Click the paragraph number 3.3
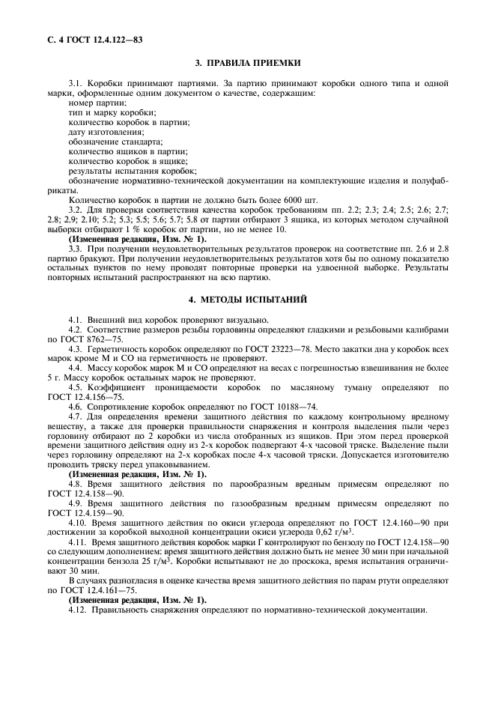coord(75,248)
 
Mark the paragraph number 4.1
coord(75,320)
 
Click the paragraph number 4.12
coord(77,610)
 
